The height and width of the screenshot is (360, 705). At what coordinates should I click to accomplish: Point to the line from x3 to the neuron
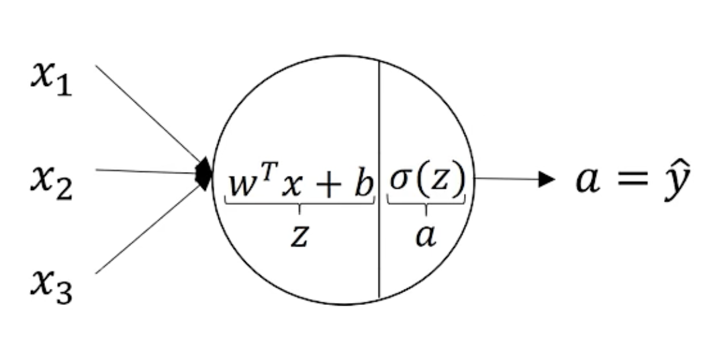click(x=148, y=230)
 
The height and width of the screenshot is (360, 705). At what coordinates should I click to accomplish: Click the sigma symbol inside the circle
click(x=402, y=183)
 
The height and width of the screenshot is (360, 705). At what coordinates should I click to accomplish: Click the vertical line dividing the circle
click(x=380, y=121)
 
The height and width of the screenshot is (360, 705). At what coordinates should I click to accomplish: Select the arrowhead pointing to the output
click(x=547, y=179)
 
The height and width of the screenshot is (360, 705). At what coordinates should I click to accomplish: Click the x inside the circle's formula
click(x=291, y=185)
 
